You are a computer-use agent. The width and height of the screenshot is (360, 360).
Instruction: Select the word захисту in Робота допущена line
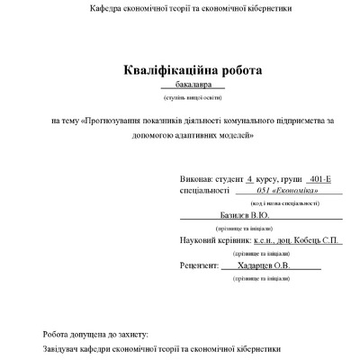[x=127, y=333]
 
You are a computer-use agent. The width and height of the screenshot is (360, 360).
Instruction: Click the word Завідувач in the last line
[x=62, y=348]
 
